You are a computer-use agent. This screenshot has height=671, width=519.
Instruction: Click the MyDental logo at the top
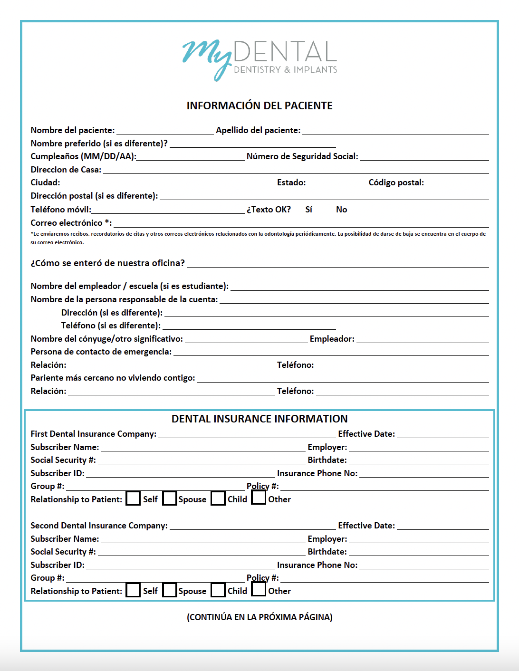(x=259, y=59)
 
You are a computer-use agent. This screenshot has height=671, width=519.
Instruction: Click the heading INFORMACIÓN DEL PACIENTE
(x=259, y=105)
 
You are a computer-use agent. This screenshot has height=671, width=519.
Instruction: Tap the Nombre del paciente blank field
(x=165, y=131)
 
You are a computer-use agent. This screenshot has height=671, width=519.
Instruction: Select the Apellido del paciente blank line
(x=395, y=131)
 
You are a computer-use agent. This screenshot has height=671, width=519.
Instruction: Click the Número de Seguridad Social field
(x=424, y=157)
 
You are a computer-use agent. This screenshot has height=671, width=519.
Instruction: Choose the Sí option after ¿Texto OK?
(x=308, y=210)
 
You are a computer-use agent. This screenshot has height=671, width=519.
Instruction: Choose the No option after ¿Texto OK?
(x=341, y=210)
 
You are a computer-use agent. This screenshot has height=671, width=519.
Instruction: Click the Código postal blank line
(x=457, y=183)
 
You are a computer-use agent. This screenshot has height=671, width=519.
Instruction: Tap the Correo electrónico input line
(x=301, y=223)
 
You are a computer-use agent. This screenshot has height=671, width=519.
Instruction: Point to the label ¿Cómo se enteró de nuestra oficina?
(x=107, y=263)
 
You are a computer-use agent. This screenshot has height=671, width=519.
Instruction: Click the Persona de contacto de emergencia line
(x=331, y=352)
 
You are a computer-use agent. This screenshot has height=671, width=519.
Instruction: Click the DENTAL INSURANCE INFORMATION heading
(x=259, y=419)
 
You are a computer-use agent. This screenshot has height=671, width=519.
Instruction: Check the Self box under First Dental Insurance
(x=133, y=498)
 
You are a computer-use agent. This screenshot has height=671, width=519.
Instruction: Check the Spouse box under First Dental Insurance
(x=170, y=498)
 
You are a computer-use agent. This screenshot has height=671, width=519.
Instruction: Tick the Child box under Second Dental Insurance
(x=218, y=590)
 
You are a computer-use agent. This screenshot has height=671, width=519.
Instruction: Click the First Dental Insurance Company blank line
(x=247, y=434)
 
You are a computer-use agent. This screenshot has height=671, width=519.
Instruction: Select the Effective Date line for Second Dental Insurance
(x=442, y=526)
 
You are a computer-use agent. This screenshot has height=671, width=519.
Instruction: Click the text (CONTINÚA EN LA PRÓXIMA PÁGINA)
(x=259, y=617)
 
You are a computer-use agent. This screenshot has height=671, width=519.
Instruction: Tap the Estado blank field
(x=337, y=183)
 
